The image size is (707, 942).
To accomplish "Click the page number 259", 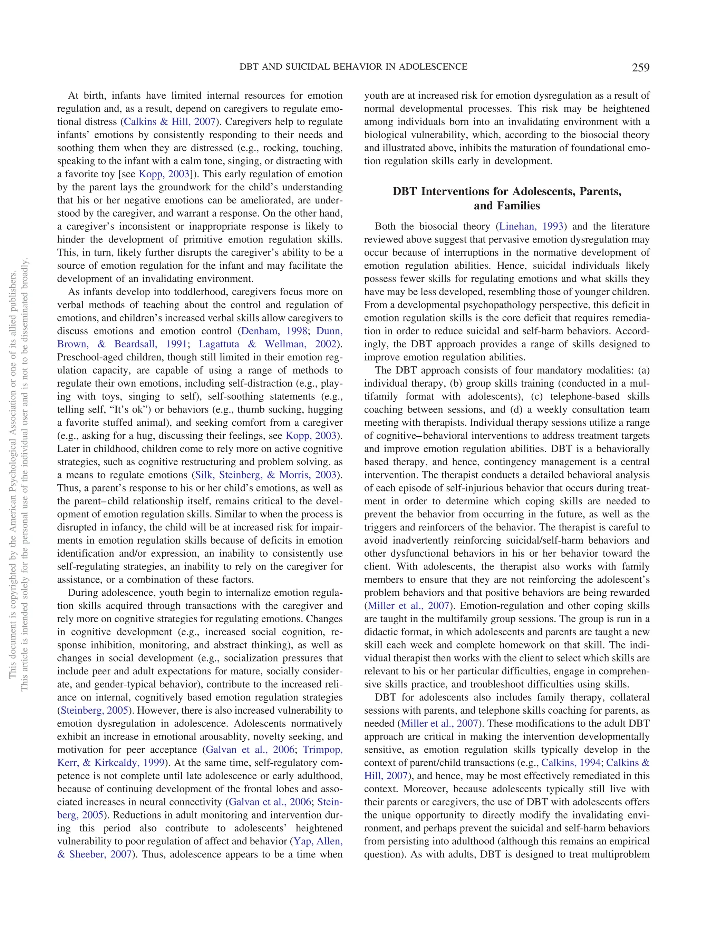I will tap(640, 68).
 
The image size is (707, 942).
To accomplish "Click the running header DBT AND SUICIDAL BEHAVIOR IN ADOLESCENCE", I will tap(353, 67).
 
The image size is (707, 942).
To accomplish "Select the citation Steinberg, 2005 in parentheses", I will tap(95, 710).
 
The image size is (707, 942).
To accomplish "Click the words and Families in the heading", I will tap(507, 206).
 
